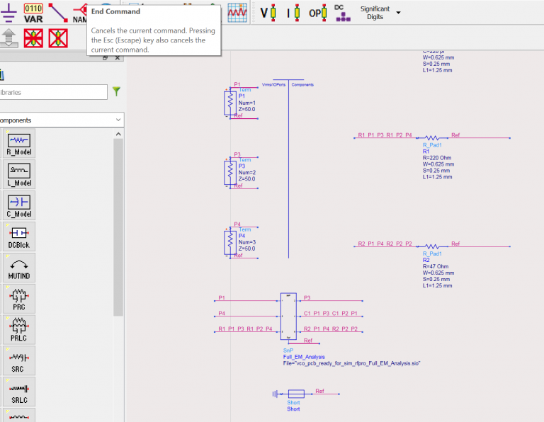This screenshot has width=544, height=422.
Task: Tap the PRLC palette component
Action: click(x=18, y=329)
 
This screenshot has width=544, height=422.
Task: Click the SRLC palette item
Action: click(x=18, y=392)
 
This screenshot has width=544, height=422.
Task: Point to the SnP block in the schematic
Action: click(x=289, y=316)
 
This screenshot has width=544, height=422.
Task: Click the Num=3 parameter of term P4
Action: click(x=246, y=243)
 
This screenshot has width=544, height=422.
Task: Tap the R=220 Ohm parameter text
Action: click(x=438, y=158)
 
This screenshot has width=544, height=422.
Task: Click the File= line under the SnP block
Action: click(x=351, y=363)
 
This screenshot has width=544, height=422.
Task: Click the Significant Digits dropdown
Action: click(x=380, y=13)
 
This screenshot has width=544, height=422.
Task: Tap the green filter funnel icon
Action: click(x=116, y=91)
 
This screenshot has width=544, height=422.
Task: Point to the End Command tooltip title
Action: click(x=116, y=11)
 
